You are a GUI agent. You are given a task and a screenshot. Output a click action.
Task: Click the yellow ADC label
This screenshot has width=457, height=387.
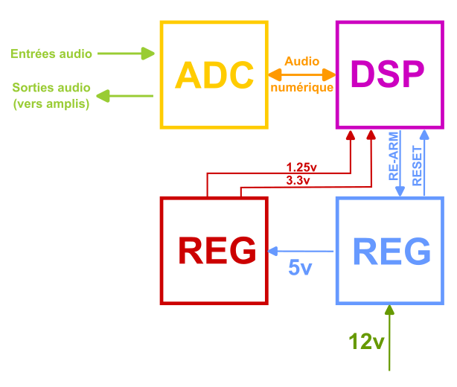tap(214, 75)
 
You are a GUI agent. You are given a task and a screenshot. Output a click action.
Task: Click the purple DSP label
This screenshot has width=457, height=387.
tap(387, 74)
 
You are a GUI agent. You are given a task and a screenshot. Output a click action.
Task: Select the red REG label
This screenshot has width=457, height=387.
tap(217, 250)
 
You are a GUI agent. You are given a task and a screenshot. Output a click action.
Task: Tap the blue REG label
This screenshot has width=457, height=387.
tap(392, 252)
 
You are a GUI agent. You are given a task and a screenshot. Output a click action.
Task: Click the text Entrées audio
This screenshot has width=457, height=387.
tap(51, 54)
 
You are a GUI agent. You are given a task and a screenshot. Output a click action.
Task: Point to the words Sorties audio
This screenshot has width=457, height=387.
tap(51, 87)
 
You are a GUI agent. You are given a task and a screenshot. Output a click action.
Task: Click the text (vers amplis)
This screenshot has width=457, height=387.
tap(51, 103)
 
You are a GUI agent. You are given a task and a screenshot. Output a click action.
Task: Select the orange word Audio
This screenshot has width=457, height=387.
tap(302, 61)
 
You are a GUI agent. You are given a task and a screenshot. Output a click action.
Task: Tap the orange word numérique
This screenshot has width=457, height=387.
tap(302, 87)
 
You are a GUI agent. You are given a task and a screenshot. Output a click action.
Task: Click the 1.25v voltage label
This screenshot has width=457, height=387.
tap(301, 167)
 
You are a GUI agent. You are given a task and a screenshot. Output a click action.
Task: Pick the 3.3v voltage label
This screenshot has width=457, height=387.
tap(298, 180)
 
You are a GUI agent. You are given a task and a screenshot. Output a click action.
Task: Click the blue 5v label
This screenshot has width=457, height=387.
tap(300, 267)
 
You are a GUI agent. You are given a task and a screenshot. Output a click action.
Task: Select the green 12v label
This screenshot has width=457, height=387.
tap(366, 342)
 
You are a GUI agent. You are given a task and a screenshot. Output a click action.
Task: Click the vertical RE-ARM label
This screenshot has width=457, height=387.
tap(394, 156)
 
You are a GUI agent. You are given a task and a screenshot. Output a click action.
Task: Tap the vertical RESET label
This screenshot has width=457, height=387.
tap(417, 165)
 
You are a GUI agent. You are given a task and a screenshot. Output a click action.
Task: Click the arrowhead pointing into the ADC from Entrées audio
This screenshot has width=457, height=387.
tap(148, 54)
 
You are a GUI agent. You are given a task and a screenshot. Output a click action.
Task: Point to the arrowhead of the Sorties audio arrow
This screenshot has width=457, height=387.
tap(103, 96)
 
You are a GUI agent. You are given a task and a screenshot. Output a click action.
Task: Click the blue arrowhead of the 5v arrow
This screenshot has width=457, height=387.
tap(272, 252)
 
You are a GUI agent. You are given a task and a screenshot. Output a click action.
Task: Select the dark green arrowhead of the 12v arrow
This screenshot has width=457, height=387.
tap(389, 310)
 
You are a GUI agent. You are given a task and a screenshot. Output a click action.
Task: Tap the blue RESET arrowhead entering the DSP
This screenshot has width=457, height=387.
tap(424, 135)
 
